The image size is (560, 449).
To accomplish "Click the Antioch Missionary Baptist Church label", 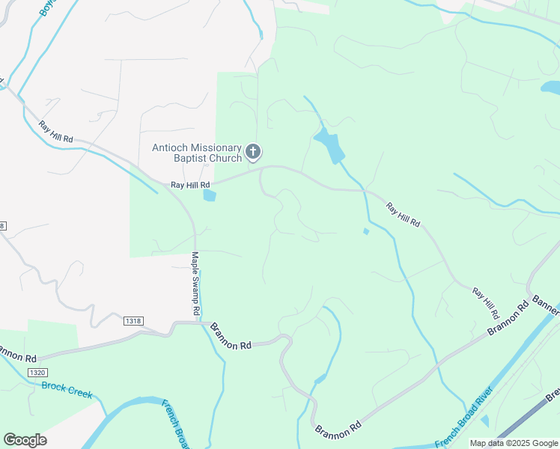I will [x=197, y=153].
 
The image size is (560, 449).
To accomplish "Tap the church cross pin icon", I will [x=253, y=153].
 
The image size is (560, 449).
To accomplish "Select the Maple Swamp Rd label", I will [x=195, y=283].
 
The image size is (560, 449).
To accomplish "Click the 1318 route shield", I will [x=133, y=320].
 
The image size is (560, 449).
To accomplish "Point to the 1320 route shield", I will [x=37, y=372].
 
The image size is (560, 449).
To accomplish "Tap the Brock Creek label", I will [x=67, y=389].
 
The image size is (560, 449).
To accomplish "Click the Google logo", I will [x=25, y=439].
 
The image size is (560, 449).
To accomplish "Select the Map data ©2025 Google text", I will [x=513, y=443].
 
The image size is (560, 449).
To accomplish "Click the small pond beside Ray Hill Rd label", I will [x=209, y=196].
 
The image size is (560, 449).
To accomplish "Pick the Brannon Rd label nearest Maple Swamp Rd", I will [x=231, y=337].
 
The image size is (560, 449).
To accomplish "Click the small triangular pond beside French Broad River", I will [x=484, y=421].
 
